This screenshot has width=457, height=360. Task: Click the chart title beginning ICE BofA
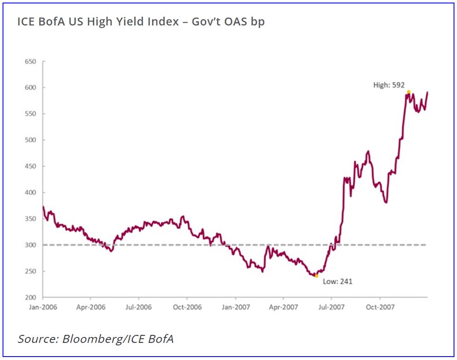click(x=141, y=21)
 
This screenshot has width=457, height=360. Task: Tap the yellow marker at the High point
click(x=408, y=92)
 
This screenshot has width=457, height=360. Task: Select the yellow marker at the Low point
click(x=316, y=276)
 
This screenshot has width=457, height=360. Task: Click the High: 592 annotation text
click(x=389, y=85)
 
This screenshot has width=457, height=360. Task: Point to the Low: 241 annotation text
click(x=338, y=282)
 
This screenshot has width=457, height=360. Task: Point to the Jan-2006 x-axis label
click(x=43, y=307)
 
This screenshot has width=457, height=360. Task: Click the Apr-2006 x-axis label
click(x=91, y=307)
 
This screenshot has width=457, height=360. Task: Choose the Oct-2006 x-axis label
click(x=187, y=307)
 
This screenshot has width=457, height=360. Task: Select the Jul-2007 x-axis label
click(x=331, y=307)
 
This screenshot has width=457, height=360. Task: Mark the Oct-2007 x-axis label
click(x=379, y=307)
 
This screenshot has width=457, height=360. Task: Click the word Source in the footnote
click(x=38, y=339)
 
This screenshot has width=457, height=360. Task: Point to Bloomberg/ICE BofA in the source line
click(x=118, y=339)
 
